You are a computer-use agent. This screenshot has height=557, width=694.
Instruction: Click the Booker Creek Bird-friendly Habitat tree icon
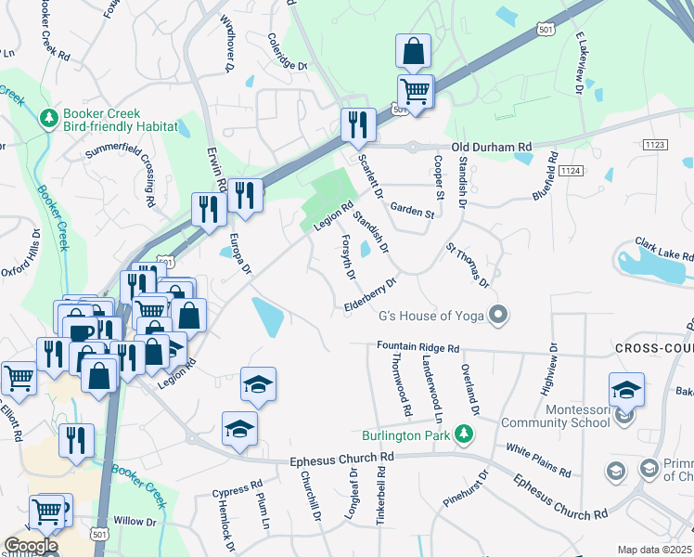pos(48,118)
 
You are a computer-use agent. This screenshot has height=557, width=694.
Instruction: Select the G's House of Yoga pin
pos(498,315)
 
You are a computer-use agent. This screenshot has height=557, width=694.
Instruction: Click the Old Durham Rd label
pos(492,147)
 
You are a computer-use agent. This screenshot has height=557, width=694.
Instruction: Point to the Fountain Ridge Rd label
pos(418,348)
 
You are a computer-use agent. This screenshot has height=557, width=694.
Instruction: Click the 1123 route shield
pos(654,145)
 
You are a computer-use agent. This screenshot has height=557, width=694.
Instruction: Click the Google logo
pos(31,546)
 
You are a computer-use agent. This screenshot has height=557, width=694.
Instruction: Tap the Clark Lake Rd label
pos(664,249)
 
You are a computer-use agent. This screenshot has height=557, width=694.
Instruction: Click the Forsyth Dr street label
pos(349,256)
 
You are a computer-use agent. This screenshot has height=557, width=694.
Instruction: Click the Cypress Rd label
pos(237,489)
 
